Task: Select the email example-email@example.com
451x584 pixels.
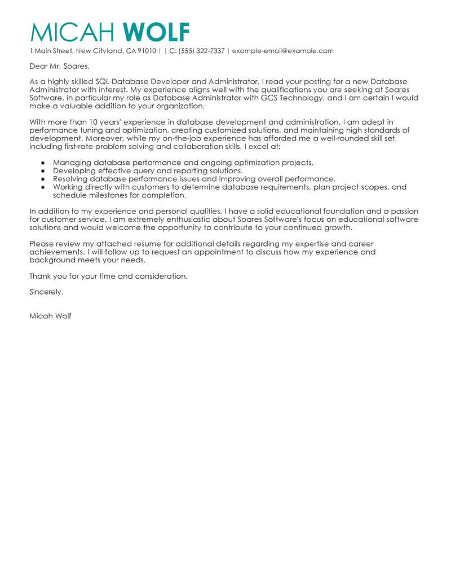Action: tap(282, 51)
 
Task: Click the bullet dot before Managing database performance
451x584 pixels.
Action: tap(43, 163)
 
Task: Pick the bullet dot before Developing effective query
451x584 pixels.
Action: tap(43, 170)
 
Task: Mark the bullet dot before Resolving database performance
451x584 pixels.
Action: tap(43, 178)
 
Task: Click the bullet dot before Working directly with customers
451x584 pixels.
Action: tap(43, 186)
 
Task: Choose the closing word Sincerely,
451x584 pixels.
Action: tap(46, 292)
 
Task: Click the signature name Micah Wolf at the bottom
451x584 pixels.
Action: tap(50, 316)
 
